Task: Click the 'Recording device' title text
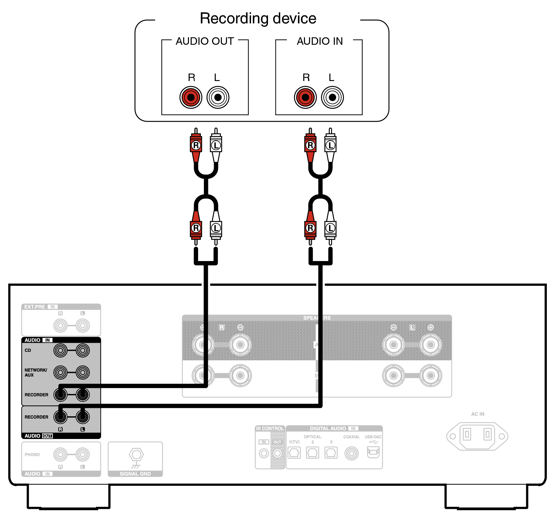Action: point(258,18)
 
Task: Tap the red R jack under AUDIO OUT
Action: point(191,98)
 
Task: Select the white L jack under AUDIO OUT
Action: point(218,98)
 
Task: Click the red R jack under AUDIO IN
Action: point(305,98)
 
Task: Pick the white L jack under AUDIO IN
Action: point(332,98)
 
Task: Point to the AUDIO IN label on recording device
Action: point(320,41)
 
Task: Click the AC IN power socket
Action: point(477,436)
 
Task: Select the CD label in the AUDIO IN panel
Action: point(28,350)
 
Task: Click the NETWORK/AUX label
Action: point(35,372)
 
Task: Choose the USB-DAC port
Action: point(373,452)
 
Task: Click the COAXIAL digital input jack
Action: point(351,453)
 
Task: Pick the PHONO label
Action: point(32,455)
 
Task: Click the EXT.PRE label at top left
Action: point(35,307)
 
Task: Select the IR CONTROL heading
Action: point(270,429)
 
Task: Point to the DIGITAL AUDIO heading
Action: point(328,429)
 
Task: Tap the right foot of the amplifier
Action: point(486,497)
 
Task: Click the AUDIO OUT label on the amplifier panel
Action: point(38,436)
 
